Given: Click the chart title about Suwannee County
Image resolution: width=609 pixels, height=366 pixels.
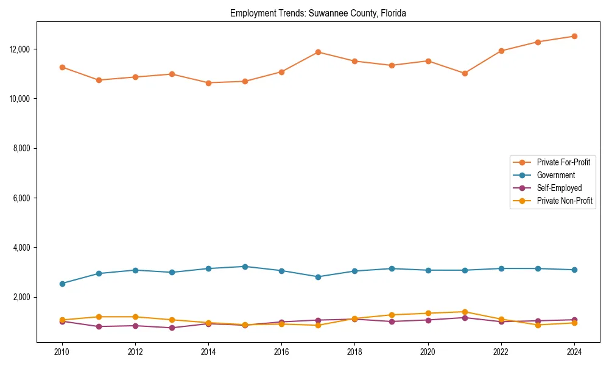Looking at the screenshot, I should click(318, 13).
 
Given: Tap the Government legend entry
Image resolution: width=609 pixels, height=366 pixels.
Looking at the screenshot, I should click(555, 175).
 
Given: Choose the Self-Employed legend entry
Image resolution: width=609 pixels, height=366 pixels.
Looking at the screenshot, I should click(559, 188).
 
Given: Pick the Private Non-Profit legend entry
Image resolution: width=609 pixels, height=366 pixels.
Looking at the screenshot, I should click(565, 201).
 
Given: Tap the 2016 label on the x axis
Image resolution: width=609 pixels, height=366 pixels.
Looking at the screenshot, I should click(281, 352).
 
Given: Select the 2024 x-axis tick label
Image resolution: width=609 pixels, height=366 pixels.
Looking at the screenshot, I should click(574, 352).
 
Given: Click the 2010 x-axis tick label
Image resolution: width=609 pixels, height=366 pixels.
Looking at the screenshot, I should click(62, 352).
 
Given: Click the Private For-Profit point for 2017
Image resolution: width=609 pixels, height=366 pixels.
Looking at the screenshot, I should click(318, 52).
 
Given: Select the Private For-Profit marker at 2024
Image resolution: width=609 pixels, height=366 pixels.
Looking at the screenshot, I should click(574, 36).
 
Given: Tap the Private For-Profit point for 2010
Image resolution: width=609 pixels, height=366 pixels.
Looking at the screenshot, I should click(62, 67).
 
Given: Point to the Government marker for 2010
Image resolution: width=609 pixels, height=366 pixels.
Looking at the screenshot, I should click(62, 284).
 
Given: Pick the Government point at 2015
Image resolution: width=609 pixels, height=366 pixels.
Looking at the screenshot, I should click(245, 267).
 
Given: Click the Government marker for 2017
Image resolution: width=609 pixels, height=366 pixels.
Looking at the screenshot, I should click(318, 277).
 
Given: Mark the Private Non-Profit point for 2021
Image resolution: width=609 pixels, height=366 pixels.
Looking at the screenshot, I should click(464, 312).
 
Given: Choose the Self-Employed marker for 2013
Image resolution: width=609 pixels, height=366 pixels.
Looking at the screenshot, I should click(172, 328).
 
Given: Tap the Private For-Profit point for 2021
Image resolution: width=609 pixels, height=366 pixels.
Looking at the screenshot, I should click(464, 73).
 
